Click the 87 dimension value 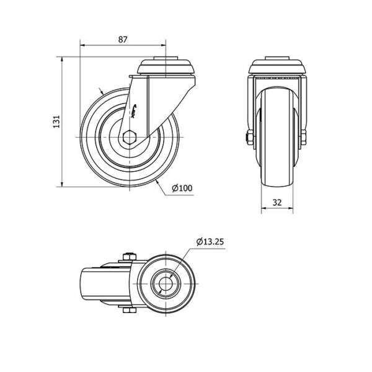(123, 40)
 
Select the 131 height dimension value (56, 122)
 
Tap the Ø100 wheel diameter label (182, 188)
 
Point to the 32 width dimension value (277, 202)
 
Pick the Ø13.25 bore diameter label (210, 242)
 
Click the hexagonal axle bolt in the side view (130, 137)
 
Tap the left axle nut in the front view (249, 138)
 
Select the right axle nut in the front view (303, 138)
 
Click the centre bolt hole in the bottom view (166, 283)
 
